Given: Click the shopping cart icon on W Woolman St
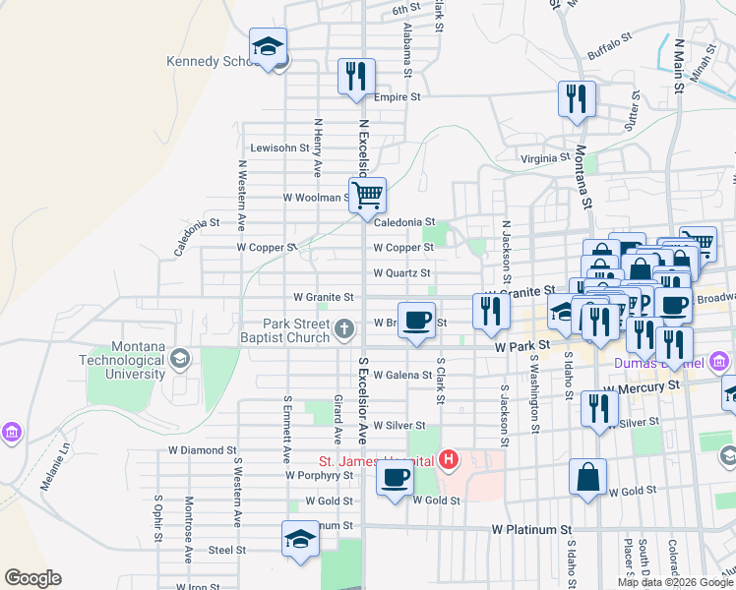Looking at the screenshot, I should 367,195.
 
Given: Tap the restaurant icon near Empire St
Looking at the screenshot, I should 356,77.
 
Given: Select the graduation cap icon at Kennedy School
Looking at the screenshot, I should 267,46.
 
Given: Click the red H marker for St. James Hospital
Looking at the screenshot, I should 450,459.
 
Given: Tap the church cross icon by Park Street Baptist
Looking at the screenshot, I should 344,328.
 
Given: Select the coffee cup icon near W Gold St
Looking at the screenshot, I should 396,479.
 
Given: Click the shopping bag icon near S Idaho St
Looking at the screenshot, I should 587,478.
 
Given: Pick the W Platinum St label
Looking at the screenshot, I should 531,530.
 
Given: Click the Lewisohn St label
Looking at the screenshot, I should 279,148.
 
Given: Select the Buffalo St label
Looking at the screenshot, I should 609,44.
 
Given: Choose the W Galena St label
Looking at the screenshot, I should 400,375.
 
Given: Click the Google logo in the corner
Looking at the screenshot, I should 32,578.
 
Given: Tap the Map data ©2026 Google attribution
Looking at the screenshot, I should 675,583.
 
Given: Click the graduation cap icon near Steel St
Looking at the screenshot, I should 300,538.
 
